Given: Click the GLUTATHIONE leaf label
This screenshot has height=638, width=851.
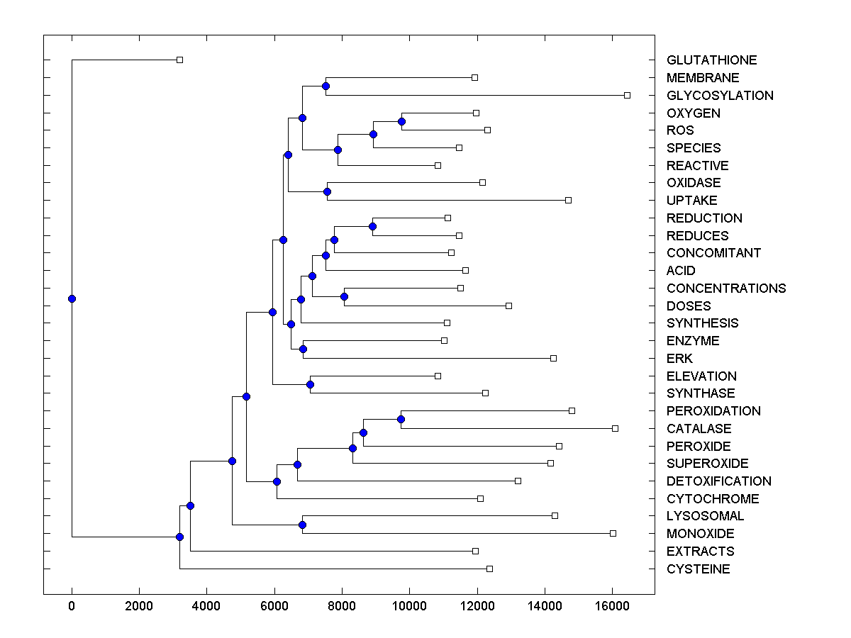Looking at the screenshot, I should (711, 60).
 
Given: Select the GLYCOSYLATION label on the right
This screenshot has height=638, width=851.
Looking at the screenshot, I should (720, 96).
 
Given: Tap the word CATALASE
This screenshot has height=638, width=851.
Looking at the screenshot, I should (699, 429).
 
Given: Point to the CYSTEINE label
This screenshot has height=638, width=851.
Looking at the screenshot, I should (698, 569).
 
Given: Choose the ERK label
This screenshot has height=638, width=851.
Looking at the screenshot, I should (679, 359).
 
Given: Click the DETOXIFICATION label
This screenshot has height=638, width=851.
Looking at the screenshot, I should (718, 481).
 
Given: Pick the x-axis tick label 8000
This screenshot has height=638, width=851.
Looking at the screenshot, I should (342, 607).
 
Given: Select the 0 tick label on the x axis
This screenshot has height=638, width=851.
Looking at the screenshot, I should (72, 607).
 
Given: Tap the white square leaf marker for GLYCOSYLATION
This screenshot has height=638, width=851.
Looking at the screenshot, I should (627, 95).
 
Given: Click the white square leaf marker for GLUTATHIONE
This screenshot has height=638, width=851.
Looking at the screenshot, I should (179, 60).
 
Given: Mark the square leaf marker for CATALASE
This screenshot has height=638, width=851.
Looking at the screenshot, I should (615, 428).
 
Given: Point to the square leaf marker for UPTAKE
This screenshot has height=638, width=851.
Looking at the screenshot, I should (568, 200).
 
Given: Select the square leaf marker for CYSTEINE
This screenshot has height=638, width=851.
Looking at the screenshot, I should (489, 569).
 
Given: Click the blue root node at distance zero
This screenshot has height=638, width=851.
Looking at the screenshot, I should (72, 298).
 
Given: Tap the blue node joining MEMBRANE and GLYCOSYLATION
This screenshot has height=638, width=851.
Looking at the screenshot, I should (326, 86).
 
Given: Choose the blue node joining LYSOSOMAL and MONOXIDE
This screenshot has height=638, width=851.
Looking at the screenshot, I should (302, 525).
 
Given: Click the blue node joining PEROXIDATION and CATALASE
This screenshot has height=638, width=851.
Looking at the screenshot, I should (401, 419).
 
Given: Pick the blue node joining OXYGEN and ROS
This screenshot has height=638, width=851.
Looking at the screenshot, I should (401, 121).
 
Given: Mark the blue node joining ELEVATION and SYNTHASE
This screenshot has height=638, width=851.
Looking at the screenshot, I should (310, 384).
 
